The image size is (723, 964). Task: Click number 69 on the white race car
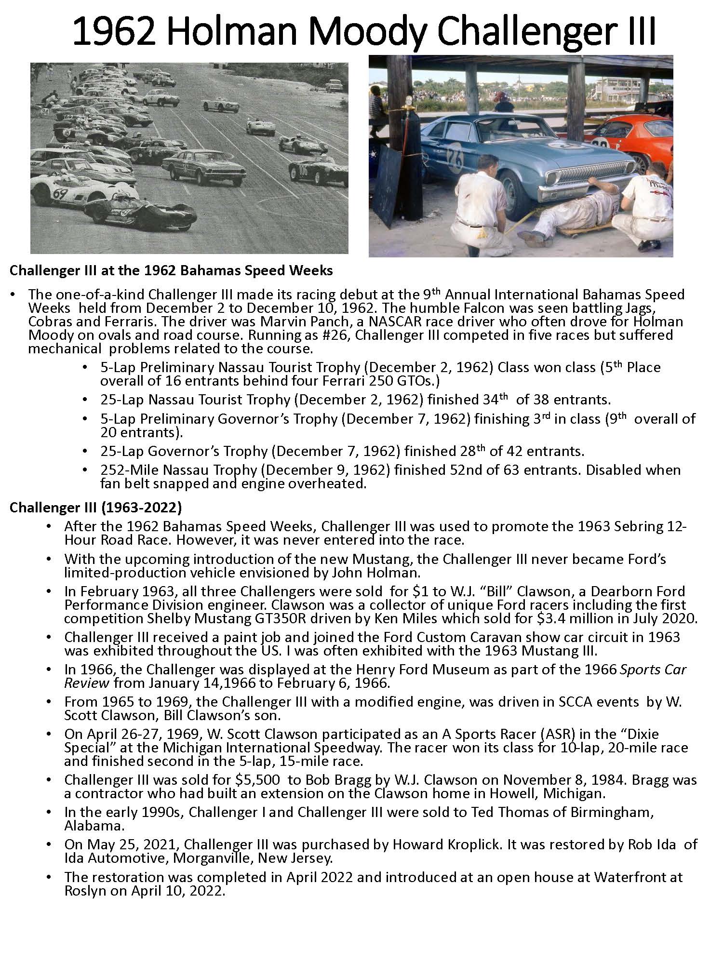point(60,194)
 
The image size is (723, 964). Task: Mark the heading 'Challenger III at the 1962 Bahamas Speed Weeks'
point(171,270)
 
